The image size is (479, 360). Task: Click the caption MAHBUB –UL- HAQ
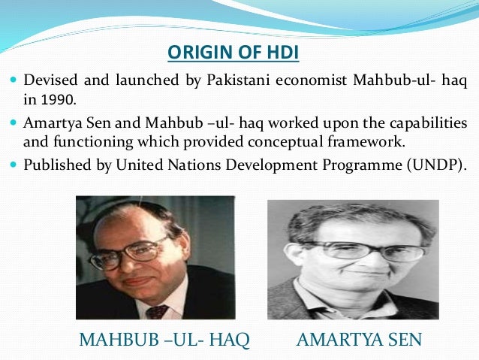(x=164, y=340)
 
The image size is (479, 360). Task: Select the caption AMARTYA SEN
(x=360, y=340)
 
